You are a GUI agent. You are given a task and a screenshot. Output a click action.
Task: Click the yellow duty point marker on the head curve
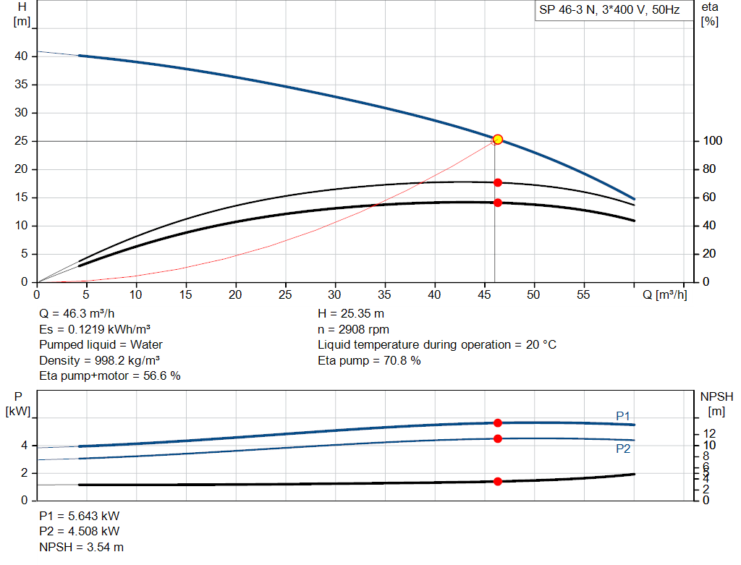pos(498,139)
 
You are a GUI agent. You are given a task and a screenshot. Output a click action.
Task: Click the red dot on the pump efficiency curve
pos(498,182)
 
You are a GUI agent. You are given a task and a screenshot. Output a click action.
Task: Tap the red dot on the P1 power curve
pos(498,422)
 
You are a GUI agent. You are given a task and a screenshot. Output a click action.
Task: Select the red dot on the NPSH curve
pos(498,481)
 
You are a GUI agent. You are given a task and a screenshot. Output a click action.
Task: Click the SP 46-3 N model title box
pos(609,11)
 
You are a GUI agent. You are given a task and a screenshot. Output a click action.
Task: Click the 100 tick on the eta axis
pos(711,141)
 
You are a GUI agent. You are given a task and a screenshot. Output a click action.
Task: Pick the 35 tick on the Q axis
pos(385,294)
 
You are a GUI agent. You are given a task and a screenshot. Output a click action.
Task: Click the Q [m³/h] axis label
pos(664,294)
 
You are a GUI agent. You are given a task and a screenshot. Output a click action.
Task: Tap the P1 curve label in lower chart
pos(623,416)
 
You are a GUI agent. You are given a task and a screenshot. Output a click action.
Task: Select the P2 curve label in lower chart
pos(623,449)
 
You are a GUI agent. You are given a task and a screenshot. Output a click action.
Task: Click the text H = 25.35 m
pos(351,313)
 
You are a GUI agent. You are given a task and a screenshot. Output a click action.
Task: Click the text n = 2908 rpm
pos(353,329)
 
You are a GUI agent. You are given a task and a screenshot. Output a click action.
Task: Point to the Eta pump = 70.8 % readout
pos(369,360)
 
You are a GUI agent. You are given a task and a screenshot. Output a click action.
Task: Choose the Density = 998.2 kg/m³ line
pos(99,360)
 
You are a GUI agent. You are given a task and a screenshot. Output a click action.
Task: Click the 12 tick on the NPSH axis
pos(711,433)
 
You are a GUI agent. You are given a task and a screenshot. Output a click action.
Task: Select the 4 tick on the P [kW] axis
pos(24,446)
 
